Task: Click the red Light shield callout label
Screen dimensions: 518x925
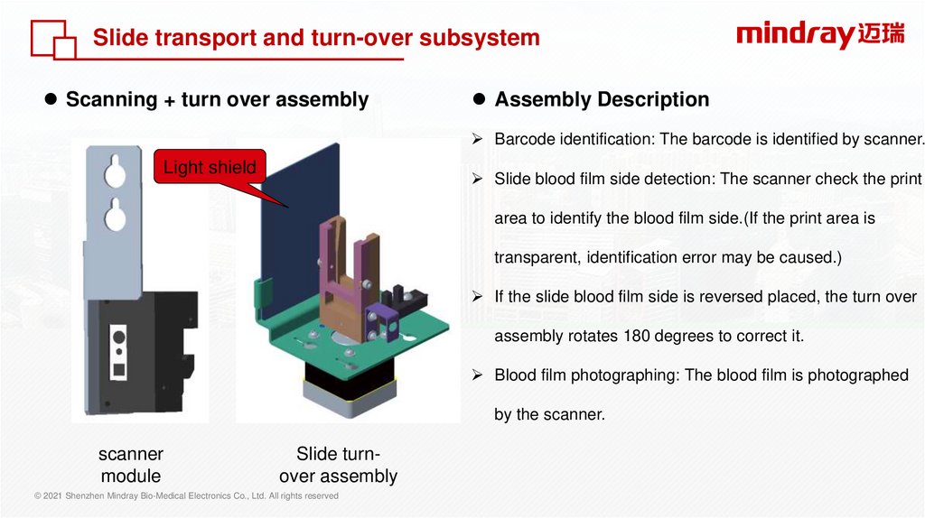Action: click(210, 167)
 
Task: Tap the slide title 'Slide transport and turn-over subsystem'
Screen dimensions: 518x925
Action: click(316, 38)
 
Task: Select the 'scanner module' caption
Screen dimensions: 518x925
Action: click(131, 465)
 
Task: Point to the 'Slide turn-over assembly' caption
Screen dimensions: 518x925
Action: click(338, 465)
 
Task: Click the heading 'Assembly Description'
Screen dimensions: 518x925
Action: click(602, 99)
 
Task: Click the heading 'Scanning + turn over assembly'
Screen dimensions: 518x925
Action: click(217, 99)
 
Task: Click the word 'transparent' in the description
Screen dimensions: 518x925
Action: click(536, 257)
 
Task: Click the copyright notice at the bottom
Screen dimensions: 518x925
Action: click(186, 496)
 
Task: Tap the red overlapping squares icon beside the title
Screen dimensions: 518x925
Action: click(53, 39)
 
